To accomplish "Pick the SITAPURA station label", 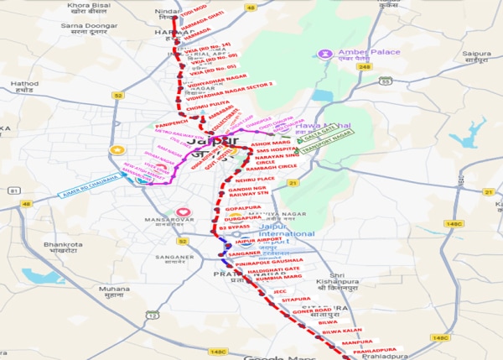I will point(294,297).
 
